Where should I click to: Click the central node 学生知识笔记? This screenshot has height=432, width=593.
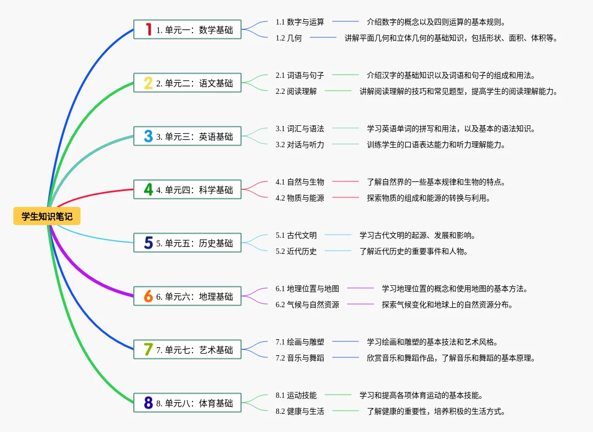pyautogui.click(x=47, y=216)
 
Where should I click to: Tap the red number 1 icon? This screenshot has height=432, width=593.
pyautogui.click(x=149, y=29)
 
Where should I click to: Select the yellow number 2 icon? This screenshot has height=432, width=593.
pyautogui.click(x=148, y=83)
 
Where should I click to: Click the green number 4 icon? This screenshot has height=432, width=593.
pyautogui.click(x=148, y=189)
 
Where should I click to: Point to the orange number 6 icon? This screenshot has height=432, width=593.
pyautogui.click(x=148, y=296)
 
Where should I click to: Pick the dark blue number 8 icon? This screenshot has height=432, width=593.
pyautogui.click(x=148, y=403)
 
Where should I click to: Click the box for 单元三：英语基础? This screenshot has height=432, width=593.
pyautogui.click(x=188, y=136)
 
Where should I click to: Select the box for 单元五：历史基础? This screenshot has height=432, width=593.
pyautogui.click(x=188, y=243)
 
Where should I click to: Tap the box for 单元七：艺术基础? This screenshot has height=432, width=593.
pyautogui.click(x=188, y=349)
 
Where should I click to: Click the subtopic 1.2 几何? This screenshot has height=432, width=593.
pyautogui.click(x=289, y=38)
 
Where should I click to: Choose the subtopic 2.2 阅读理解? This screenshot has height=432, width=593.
pyautogui.click(x=296, y=91)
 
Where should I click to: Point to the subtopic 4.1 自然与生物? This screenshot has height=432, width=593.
pyautogui.click(x=300, y=182)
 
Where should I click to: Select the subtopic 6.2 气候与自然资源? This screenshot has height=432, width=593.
pyautogui.click(x=308, y=305)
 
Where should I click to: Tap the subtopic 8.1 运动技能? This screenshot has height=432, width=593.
pyautogui.click(x=296, y=395)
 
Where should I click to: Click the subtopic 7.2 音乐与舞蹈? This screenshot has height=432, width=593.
pyautogui.click(x=300, y=358)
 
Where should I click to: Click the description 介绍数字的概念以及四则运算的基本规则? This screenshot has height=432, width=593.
pyautogui.click(x=436, y=22)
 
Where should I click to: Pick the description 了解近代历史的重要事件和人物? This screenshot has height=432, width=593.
pyautogui.click(x=414, y=251)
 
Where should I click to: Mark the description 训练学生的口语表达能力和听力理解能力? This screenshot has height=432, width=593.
pyautogui.click(x=436, y=145)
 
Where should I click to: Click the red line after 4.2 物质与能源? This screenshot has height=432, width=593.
pyautogui.click(x=345, y=197)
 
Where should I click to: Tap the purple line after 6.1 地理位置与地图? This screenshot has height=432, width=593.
pyautogui.click(x=360, y=288)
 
